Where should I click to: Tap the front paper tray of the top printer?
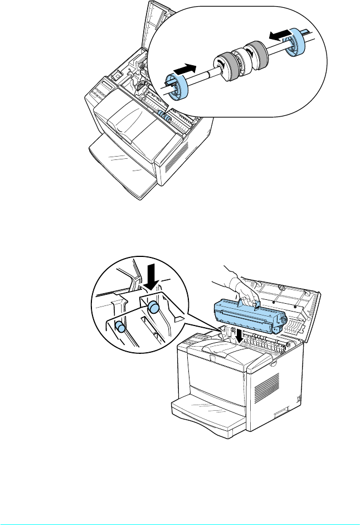[122, 167]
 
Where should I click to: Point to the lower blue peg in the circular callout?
[119, 328]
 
